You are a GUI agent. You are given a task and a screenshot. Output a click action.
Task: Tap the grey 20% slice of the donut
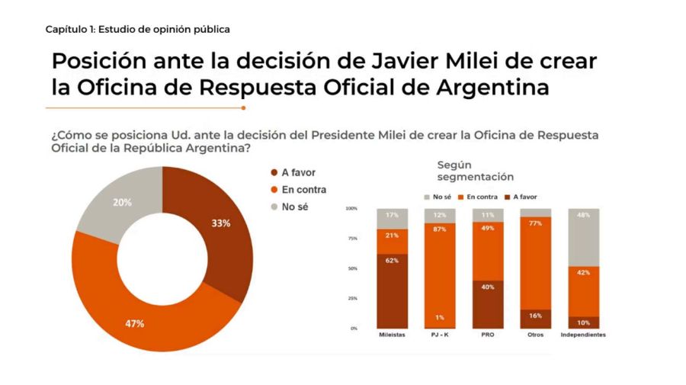click(x=123, y=202)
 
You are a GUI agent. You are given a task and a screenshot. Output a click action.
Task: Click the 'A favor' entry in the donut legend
click(x=297, y=173)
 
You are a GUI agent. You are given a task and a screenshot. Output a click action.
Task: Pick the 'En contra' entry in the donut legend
click(x=302, y=190)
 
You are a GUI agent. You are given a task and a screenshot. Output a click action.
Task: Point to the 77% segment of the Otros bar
click(x=535, y=263)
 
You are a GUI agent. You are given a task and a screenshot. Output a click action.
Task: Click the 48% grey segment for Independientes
click(x=583, y=237)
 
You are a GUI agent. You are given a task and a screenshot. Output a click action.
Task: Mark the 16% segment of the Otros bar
click(x=535, y=319)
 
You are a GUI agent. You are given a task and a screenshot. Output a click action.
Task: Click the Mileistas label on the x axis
click(x=392, y=335)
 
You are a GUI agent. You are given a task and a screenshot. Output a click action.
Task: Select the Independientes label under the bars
click(x=583, y=335)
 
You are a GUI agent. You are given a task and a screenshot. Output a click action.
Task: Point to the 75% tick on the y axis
click(x=351, y=238)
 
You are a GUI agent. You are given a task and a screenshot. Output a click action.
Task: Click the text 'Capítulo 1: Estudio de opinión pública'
click(x=137, y=29)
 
